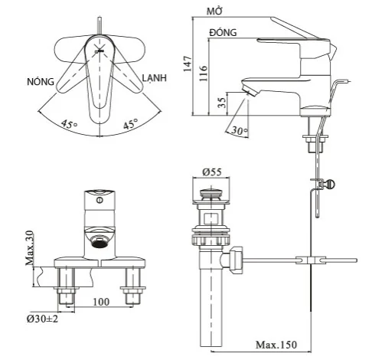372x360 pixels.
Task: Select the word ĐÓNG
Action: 223,34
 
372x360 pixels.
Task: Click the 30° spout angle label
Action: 240,132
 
